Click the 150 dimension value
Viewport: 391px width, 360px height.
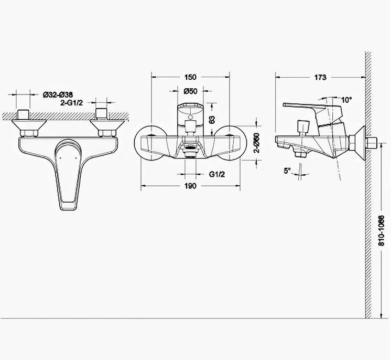tap(190, 77)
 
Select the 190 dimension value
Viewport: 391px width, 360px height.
tap(190, 186)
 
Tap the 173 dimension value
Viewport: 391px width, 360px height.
tap(320, 77)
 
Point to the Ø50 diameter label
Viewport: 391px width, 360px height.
tap(190, 91)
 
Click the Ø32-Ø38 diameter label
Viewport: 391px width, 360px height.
tap(58, 95)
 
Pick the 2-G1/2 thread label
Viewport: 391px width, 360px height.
tap(72, 103)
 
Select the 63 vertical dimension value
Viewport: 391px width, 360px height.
tap(212, 119)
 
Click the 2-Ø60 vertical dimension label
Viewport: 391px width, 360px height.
tap(256, 143)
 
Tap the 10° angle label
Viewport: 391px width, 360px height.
tap(346, 100)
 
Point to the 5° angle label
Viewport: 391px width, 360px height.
tap(287, 171)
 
